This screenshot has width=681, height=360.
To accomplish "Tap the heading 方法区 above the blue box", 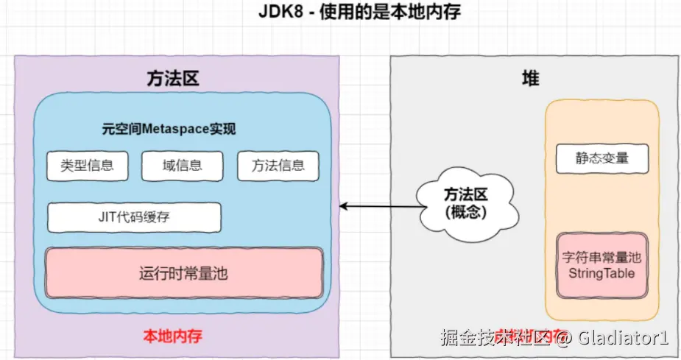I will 174,78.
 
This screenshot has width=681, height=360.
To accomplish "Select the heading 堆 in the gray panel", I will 530,78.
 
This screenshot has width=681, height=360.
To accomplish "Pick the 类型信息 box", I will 87,166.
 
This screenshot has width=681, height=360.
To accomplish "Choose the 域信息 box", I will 182,166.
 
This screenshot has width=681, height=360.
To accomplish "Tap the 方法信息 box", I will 278,166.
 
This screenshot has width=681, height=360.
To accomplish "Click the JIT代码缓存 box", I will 134,217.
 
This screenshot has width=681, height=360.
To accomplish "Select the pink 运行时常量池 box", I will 183,273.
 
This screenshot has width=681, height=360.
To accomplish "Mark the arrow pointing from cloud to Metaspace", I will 379,207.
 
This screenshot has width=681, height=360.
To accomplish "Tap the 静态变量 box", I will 602,158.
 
